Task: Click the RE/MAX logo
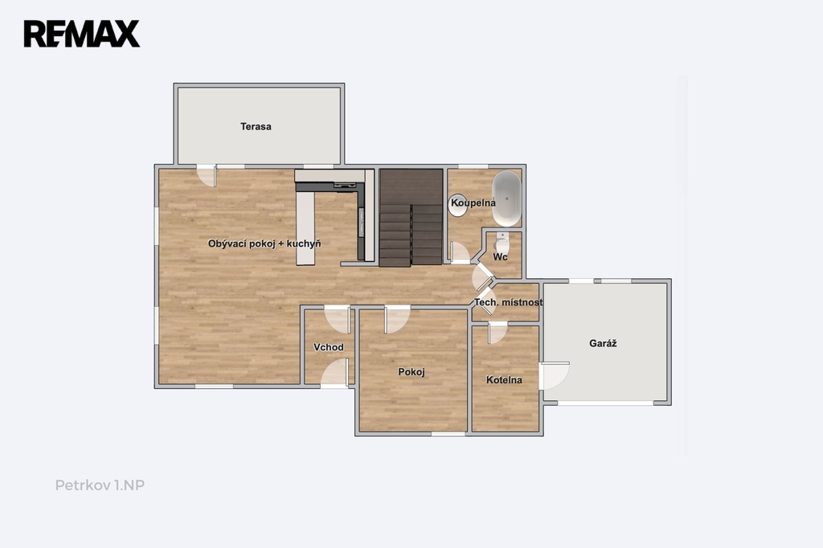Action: [82, 34]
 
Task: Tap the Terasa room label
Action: [256, 126]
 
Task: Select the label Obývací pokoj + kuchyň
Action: [264, 243]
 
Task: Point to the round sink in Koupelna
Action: [457, 205]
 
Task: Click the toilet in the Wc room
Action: [502, 243]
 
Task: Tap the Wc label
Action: [500, 256]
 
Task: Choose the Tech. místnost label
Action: [509, 302]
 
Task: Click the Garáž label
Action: [603, 343]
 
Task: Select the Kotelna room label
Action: [504, 380]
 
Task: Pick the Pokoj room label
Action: [411, 372]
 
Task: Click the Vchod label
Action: [329, 347]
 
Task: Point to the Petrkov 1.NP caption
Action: [100, 485]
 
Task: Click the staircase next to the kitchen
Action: [411, 217]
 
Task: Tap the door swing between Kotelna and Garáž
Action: [555, 375]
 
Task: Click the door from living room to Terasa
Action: [207, 176]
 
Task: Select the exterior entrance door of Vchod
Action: [335, 373]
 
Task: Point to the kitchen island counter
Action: [305, 228]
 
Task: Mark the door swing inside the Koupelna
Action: [460, 252]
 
